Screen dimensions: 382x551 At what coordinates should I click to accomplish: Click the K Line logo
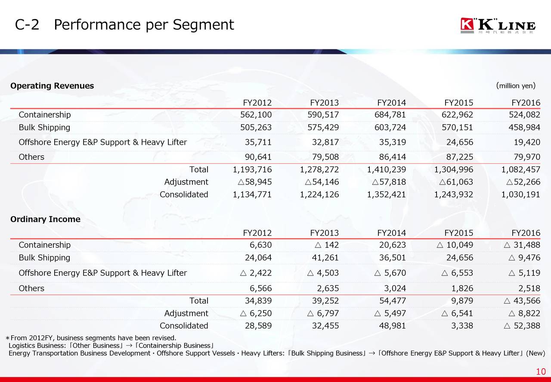(x=498, y=25)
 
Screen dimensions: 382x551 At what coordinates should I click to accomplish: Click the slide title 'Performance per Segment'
(x=144, y=25)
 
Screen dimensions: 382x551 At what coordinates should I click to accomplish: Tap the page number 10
(x=541, y=372)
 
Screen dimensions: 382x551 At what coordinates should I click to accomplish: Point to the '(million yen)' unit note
(x=516, y=85)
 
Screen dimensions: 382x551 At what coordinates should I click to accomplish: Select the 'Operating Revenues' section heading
(x=52, y=86)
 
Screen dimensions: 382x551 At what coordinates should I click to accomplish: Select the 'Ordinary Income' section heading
(x=45, y=219)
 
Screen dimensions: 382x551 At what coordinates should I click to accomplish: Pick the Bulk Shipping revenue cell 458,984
(x=524, y=128)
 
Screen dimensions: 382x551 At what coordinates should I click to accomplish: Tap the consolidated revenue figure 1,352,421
(x=386, y=194)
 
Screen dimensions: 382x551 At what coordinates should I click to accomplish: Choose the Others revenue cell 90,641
(x=258, y=157)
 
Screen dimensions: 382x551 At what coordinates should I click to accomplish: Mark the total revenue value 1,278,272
(x=319, y=169)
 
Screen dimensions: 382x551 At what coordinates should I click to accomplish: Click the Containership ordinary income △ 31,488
(x=521, y=245)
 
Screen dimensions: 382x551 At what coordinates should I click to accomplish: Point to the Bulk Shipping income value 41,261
(x=325, y=258)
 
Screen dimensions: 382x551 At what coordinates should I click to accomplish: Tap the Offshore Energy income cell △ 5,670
(x=390, y=273)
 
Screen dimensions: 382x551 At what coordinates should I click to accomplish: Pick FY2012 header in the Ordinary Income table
(x=257, y=233)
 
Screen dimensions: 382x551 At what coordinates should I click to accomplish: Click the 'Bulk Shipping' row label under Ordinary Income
(x=44, y=258)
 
